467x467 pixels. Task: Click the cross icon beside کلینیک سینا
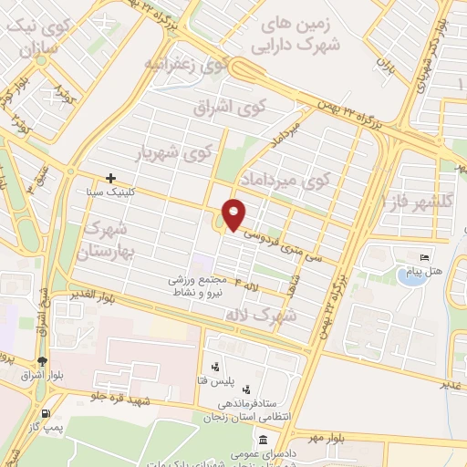tap(110, 178)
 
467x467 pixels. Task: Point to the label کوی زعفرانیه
tap(185, 65)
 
